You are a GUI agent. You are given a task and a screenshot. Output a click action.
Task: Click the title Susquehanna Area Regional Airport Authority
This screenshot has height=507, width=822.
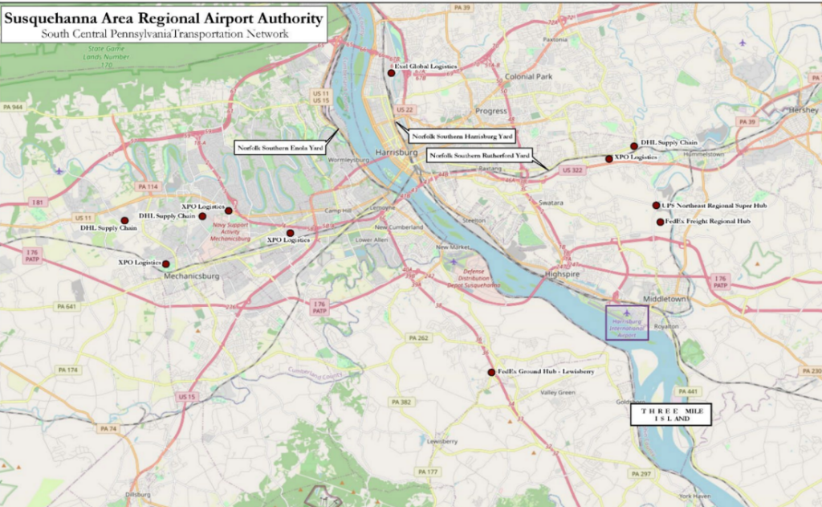(x=165, y=18)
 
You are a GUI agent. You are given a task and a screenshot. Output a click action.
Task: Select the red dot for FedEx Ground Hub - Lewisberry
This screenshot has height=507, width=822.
(x=491, y=372)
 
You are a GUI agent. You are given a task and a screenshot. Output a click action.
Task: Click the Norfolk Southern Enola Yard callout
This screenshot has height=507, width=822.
(x=280, y=148)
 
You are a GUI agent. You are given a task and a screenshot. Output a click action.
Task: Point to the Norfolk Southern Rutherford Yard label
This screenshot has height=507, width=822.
(x=479, y=154)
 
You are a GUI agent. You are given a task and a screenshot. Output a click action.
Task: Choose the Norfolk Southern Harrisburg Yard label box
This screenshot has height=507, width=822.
(x=462, y=137)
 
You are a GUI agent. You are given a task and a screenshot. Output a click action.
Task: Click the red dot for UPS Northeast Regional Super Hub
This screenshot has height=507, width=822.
(x=656, y=206)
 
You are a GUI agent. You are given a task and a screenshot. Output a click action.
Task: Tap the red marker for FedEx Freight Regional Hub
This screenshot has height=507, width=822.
(x=660, y=222)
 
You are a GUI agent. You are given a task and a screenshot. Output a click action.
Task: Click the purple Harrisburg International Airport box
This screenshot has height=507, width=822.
(x=625, y=322)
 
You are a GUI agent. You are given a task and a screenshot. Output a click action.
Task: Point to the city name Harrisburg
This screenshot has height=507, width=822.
(x=396, y=152)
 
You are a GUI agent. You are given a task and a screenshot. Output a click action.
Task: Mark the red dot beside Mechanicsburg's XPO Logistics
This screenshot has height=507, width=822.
(x=166, y=264)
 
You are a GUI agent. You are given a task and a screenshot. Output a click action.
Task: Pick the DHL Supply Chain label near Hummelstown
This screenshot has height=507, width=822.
(x=669, y=142)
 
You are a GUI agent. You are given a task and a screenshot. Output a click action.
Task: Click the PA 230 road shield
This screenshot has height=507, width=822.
(x=811, y=371)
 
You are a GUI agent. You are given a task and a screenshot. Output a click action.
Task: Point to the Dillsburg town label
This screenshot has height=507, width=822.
(x=138, y=494)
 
